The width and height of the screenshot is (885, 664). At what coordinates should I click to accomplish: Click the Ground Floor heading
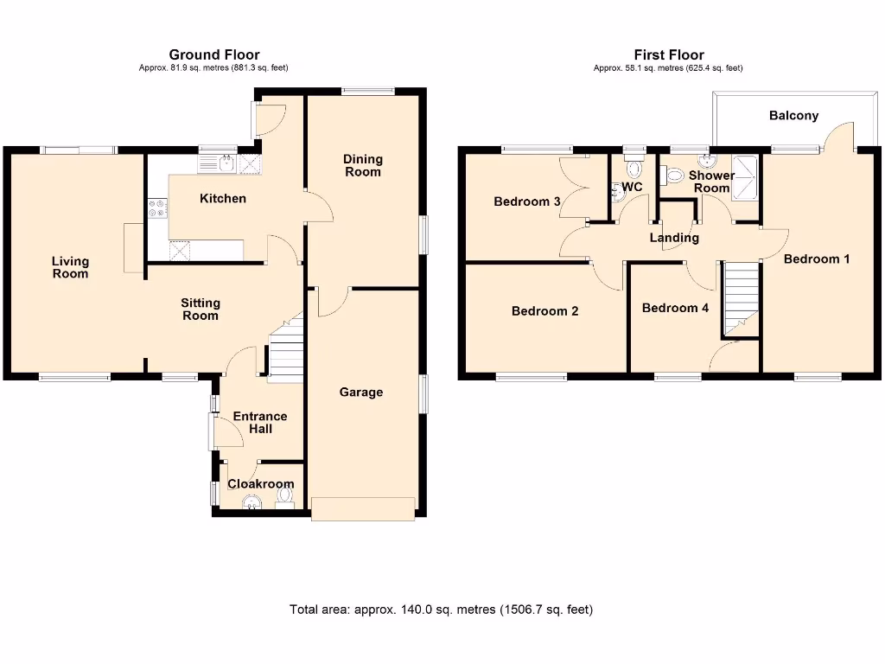tap(214, 55)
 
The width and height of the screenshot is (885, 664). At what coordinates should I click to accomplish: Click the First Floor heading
tap(668, 55)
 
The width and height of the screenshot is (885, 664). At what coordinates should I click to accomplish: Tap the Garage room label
tap(360, 393)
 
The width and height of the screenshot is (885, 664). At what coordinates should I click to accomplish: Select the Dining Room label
tap(363, 165)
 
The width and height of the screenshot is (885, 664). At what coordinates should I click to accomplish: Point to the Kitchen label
tap(223, 199)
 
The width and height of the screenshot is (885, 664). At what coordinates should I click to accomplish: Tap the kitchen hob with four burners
tap(158, 208)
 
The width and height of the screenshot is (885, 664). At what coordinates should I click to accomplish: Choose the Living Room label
tap(70, 268)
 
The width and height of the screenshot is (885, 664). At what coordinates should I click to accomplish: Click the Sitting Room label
tap(200, 310)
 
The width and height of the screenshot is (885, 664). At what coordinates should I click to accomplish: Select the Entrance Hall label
tap(260, 423)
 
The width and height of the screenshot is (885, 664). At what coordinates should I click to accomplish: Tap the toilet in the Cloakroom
tap(286, 497)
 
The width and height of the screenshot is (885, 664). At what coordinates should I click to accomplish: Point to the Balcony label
tap(793, 116)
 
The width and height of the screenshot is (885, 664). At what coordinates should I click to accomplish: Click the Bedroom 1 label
tap(817, 259)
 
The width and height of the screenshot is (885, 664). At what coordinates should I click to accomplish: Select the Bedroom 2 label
tap(544, 311)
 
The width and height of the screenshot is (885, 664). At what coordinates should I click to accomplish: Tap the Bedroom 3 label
tap(527, 201)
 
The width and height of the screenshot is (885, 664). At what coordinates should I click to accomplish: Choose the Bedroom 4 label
tap(676, 308)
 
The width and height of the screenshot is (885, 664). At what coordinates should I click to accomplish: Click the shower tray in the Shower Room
tap(744, 177)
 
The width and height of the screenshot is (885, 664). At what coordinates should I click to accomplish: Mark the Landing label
tap(674, 238)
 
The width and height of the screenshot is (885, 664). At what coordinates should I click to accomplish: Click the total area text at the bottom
tap(441, 610)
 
